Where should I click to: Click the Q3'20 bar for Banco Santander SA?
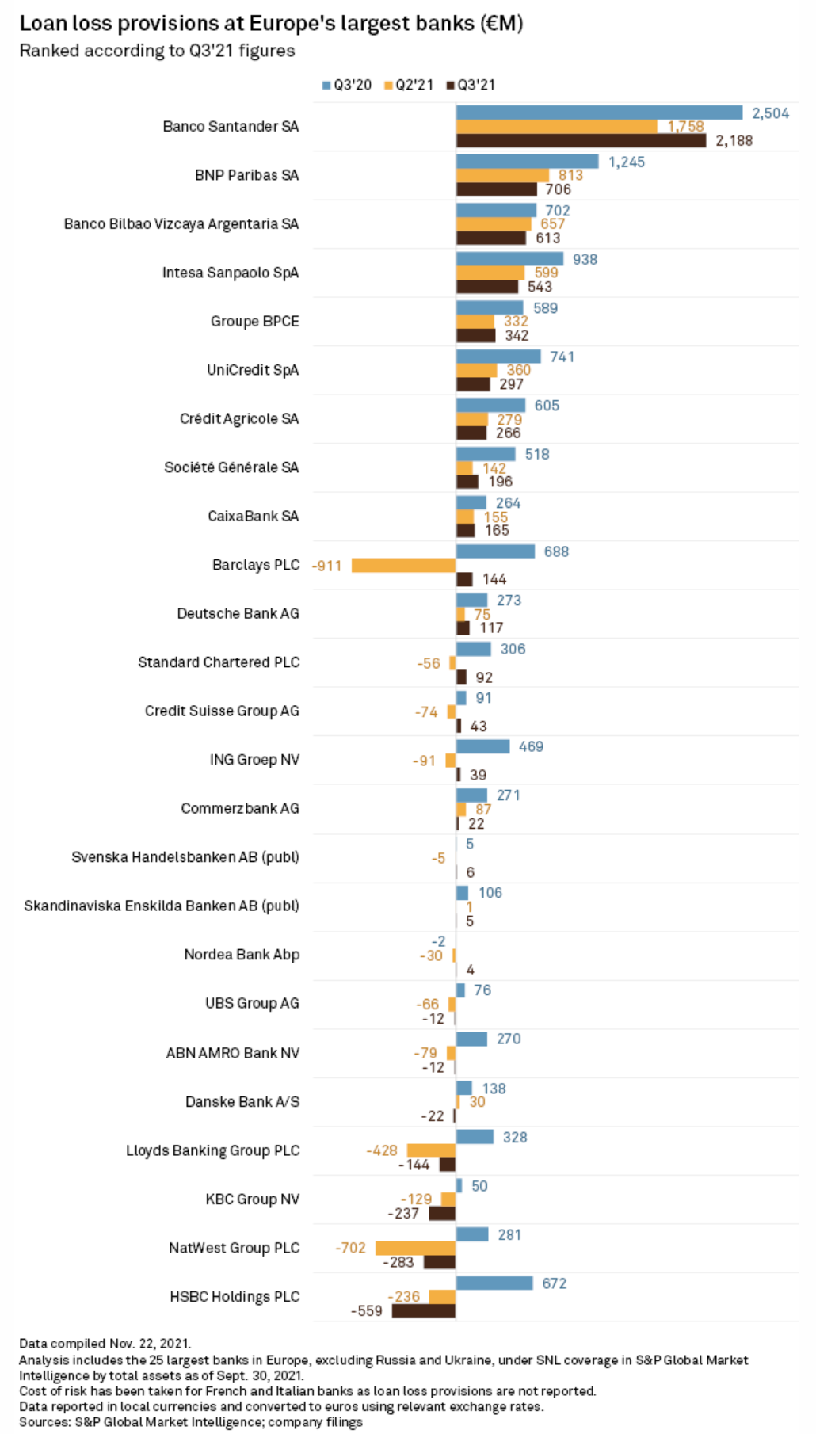point(599,113)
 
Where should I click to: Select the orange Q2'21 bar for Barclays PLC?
point(403,565)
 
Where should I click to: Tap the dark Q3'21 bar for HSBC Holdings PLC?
point(424,1310)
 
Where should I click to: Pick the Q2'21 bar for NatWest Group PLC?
point(415,1248)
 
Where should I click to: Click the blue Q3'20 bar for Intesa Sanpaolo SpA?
point(509,259)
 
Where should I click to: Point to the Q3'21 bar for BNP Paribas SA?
point(496,189)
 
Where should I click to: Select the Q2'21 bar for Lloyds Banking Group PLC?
point(431,1150)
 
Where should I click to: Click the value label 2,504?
point(770,113)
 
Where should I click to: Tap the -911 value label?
point(326,566)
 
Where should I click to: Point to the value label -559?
point(367,1311)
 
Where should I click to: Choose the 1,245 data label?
point(626,162)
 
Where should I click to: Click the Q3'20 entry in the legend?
point(347,85)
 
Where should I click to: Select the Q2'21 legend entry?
point(410,85)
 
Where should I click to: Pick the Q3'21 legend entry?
point(471,85)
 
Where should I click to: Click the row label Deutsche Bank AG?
point(238,613)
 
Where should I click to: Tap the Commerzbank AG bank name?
point(240,808)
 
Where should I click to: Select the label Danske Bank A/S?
point(242,1101)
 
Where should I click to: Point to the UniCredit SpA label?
point(253,370)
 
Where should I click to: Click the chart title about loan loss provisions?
point(271,23)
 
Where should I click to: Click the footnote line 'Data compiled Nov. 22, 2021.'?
point(105,1343)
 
